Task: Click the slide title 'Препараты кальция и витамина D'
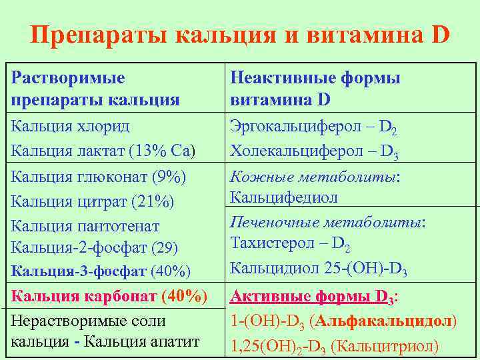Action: (240, 35)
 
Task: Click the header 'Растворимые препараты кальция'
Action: (96, 89)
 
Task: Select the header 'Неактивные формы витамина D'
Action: (315, 89)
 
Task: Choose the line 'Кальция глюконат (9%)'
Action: (99, 177)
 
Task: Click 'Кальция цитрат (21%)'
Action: (93, 201)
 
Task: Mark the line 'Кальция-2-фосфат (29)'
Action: (95, 248)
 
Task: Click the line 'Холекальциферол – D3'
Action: (314, 152)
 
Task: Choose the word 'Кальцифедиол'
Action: (283, 198)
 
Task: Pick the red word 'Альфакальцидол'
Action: (385, 321)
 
